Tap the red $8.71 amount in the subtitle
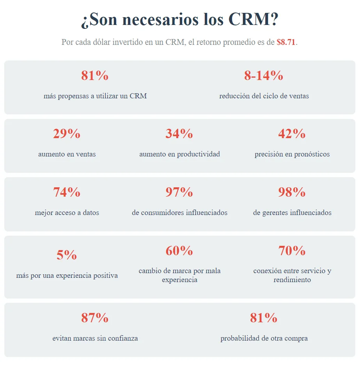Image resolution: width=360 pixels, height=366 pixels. (286, 43)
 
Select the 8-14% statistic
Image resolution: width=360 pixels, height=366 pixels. (264, 76)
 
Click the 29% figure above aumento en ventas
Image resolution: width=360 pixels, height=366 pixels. (67, 134)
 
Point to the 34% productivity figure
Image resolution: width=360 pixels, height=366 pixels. (179, 134)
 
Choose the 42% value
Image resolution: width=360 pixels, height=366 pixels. (292, 134)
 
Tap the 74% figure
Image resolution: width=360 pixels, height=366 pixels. (67, 192)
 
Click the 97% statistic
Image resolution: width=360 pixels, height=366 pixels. (179, 192)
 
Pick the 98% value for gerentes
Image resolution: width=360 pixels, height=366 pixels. (292, 192)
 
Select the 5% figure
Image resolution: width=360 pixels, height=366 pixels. (67, 255)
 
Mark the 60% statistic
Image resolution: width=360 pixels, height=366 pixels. (179, 251)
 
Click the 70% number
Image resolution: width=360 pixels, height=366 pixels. (292, 251)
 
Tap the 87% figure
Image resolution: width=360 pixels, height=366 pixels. (95, 318)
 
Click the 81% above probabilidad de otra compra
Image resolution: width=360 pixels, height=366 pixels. (264, 318)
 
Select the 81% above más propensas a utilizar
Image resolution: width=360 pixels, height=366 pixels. (95, 76)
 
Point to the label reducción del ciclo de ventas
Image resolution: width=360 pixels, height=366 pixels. (264, 96)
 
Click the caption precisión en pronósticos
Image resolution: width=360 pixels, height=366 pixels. (292, 155)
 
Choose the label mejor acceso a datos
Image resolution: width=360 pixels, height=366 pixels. (67, 213)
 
